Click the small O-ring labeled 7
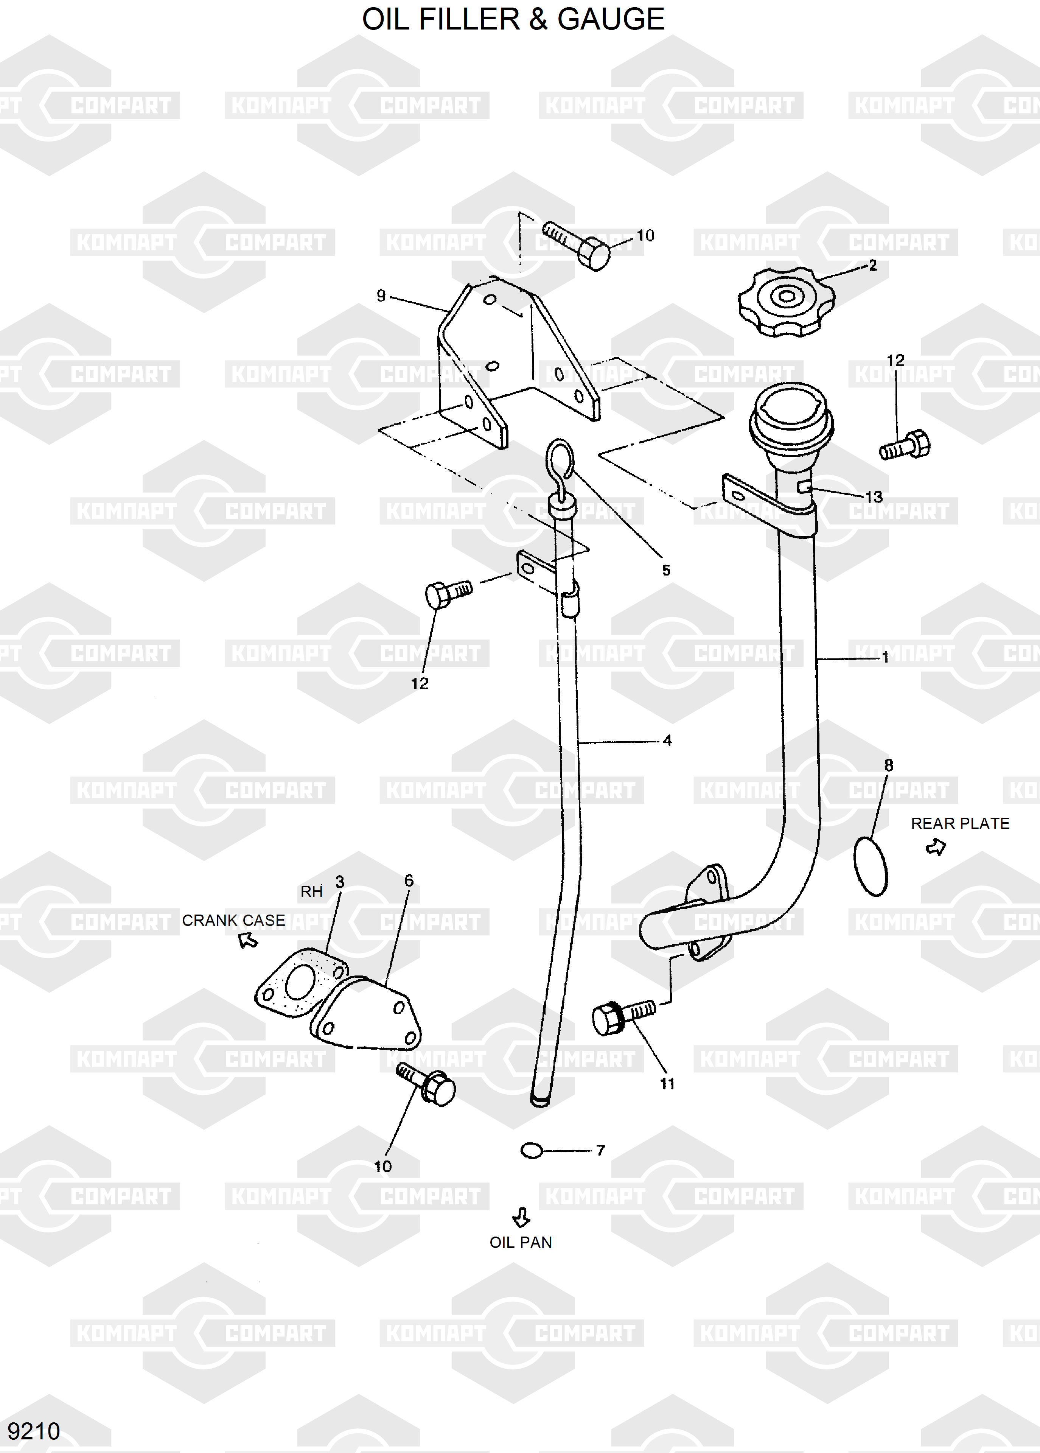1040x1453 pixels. (x=531, y=1151)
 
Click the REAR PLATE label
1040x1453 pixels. (x=959, y=823)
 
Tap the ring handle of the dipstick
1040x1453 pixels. (x=559, y=460)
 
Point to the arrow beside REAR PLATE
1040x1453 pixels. (x=936, y=848)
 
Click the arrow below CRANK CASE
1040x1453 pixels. (x=248, y=940)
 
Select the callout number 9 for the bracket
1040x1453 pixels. (x=381, y=295)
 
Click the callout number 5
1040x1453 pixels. (x=666, y=570)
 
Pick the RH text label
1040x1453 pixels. (x=311, y=891)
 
